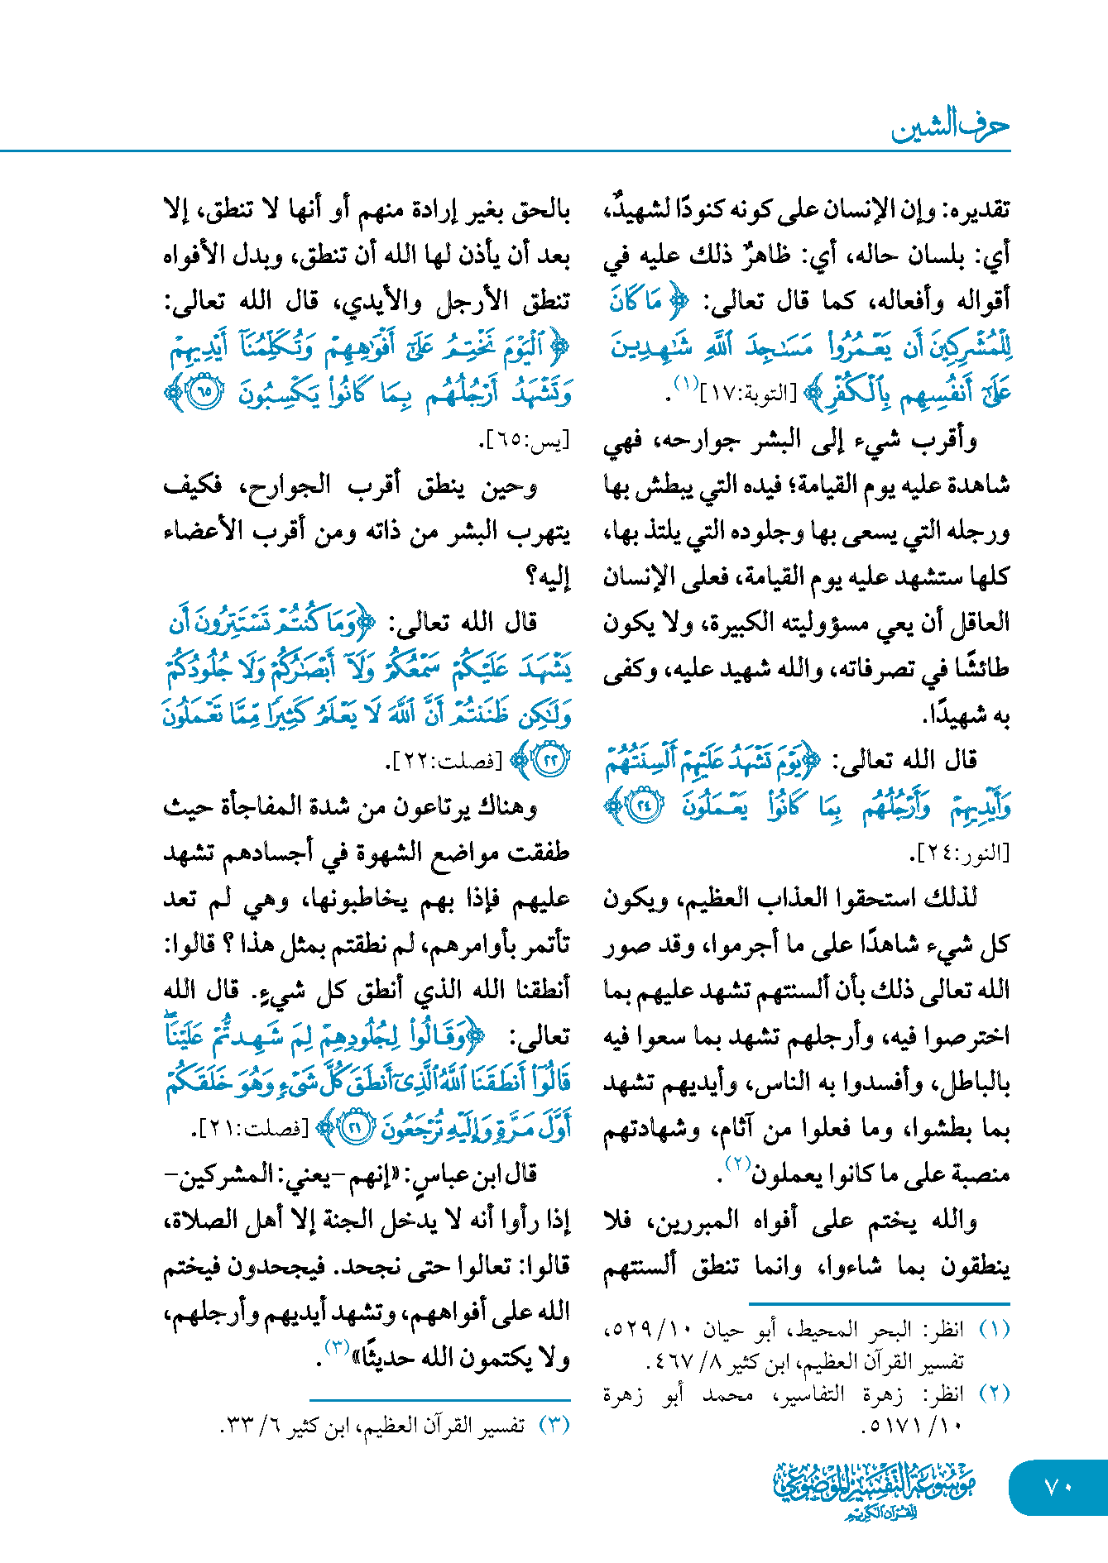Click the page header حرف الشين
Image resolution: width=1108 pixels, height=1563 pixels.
(x=950, y=126)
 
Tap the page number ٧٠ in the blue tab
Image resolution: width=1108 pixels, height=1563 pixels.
(x=1058, y=1487)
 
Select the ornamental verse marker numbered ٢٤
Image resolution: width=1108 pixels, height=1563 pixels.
(x=645, y=806)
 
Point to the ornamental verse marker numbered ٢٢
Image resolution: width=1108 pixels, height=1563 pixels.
(x=550, y=760)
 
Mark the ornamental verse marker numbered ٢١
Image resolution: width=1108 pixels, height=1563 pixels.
(x=356, y=1128)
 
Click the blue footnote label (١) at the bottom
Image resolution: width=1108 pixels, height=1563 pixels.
(x=994, y=1330)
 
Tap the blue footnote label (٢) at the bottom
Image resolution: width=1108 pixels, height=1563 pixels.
(x=994, y=1393)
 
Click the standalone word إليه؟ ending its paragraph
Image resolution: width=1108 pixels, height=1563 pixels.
(x=547, y=577)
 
